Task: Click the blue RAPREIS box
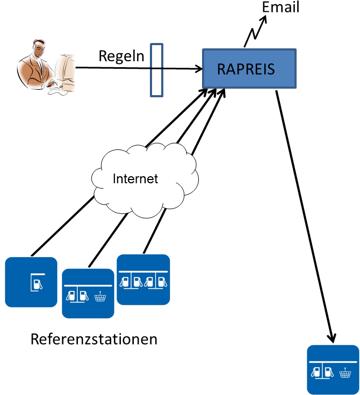249,68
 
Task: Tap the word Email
280,8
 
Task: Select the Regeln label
122,56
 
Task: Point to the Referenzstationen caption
94,340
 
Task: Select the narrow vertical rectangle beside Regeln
156,70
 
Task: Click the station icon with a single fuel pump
31,282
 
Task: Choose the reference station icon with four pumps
143,279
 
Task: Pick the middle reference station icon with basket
88,293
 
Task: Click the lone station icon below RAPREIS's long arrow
333,370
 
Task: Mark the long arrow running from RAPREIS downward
305,215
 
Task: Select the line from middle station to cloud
106,240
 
